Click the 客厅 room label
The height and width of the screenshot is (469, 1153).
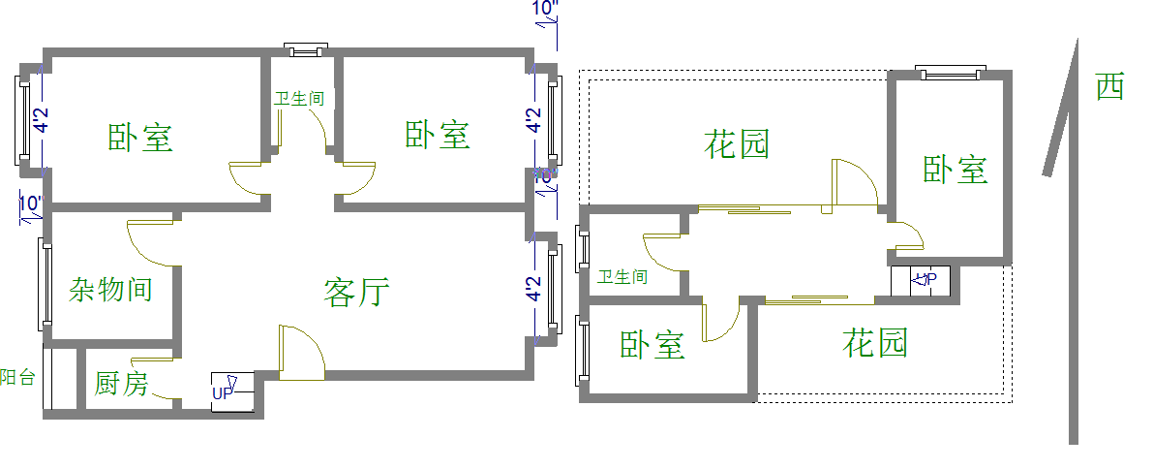(356, 292)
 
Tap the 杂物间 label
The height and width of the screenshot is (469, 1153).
(110, 289)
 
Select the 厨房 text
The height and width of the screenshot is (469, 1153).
(121, 384)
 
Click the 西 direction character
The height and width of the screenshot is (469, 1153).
(1110, 87)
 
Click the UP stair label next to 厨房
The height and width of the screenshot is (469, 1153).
(223, 392)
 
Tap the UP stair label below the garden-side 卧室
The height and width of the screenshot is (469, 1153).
(925, 280)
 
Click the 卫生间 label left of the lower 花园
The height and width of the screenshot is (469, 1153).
(622, 277)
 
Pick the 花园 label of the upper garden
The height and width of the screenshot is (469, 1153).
(738, 145)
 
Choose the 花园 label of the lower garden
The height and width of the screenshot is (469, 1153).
(875, 342)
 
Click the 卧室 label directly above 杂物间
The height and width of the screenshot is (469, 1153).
(140, 138)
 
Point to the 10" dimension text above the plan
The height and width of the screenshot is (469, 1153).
(546, 10)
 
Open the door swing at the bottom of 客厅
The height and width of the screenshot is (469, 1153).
(301, 349)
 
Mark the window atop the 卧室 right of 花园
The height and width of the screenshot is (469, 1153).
(951, 74)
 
